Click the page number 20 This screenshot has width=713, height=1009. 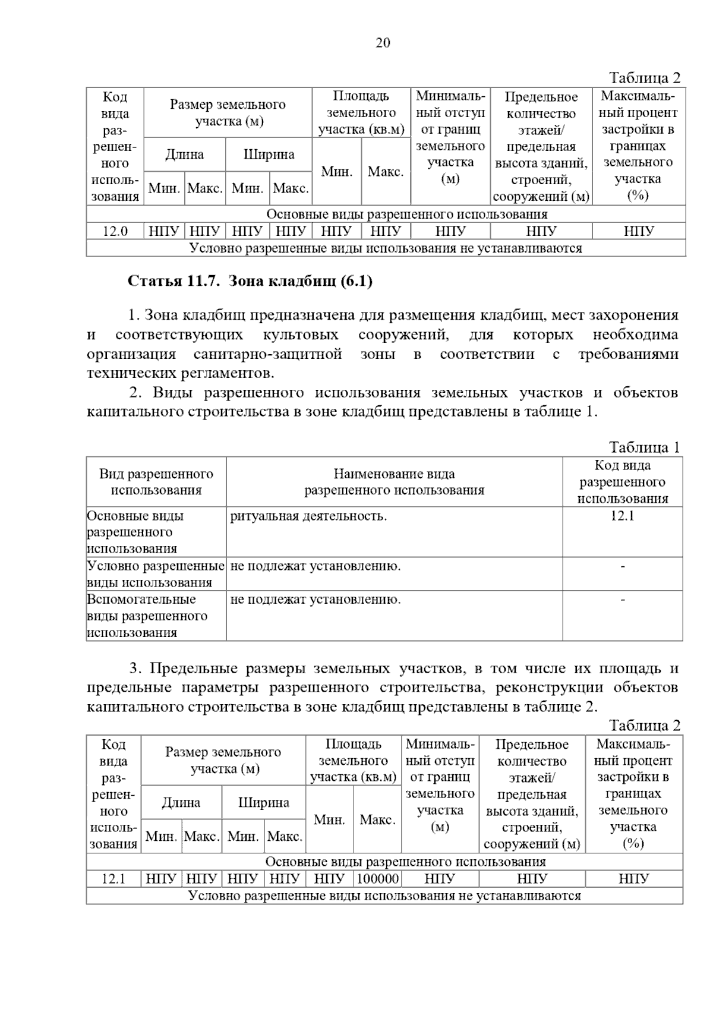[x=383, y=43]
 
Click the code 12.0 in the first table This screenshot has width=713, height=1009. [x=115, y=231]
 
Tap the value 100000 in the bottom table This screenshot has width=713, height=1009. [x=377, y=878]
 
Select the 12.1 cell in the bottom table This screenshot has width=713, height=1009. [x=113, y=878]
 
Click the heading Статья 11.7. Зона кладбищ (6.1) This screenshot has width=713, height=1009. [x=250, y=281]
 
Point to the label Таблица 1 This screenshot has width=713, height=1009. [x=644, y=447]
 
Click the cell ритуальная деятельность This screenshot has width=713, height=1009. [x=308, y=516]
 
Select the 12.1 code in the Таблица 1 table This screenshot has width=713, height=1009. [x=622, y=516]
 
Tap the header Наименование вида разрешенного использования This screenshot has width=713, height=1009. [x=394, y=482]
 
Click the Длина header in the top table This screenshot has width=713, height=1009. [x=184, y=154]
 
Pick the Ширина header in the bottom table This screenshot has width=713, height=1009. [x=263, y=803]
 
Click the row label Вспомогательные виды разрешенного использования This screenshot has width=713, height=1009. [x=147, y=616]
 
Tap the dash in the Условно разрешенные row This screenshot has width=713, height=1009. [x=622, y=566]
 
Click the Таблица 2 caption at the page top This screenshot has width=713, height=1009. [x=644, y=78]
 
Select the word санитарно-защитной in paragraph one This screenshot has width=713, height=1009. [x=267, y=354]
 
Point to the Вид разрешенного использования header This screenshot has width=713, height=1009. [x=156, y=482]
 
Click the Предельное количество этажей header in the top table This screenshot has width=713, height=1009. [x=541, y=146]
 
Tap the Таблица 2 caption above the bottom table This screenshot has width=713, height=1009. [x=644, y=726]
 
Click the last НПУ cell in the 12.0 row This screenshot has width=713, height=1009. [x=639, y=231]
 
